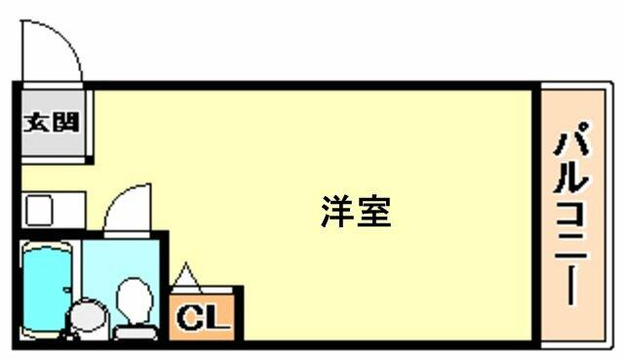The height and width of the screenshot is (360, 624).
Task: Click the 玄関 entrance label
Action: tap(52, 122)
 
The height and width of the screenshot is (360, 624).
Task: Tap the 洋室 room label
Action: tap(356, 212)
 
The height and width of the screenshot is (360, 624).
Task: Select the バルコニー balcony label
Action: tap(572, 214)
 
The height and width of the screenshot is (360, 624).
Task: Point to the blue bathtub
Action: tap(47, 290)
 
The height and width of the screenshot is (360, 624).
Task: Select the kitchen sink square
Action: tap(39, 211)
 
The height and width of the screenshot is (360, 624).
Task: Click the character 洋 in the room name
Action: tap(337, 212)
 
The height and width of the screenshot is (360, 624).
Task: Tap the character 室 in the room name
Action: tap(374, 212)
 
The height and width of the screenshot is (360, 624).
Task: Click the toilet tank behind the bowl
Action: tap(136, 332)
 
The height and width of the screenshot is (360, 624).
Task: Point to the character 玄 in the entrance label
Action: tap(37, 122)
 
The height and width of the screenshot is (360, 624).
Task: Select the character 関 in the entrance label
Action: tap(65, 122)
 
